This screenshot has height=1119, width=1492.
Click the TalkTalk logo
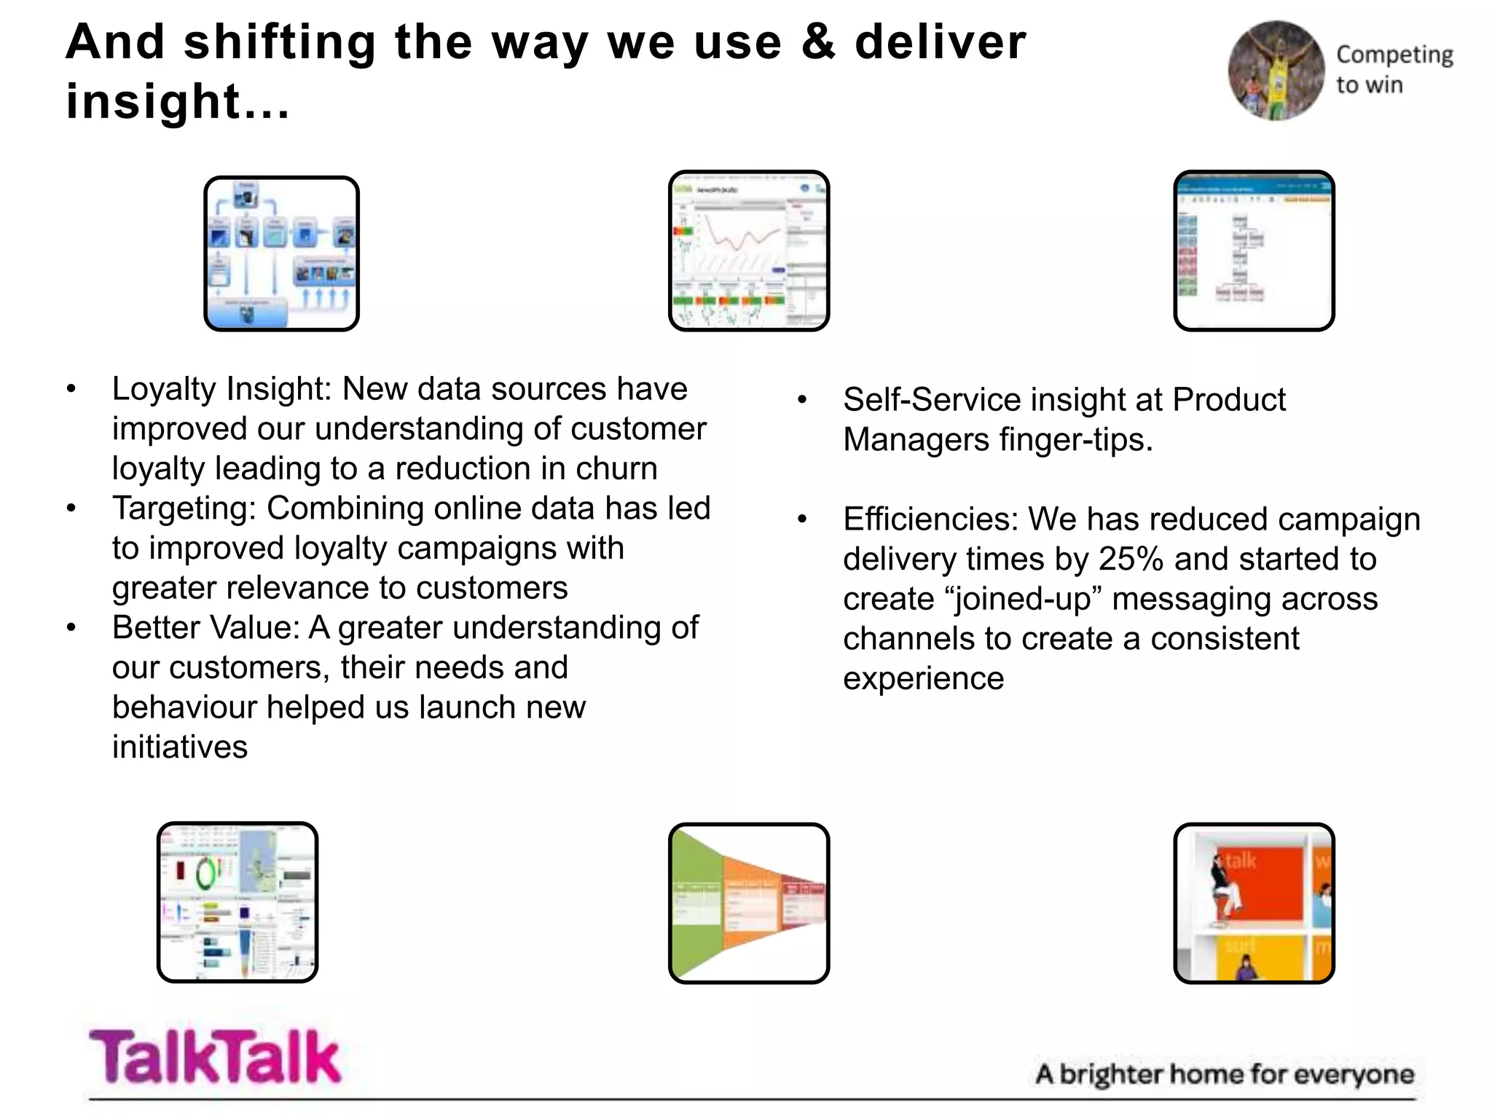click(x=214, y=1057)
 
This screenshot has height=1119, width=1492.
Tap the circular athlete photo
click(x=1276, y=71)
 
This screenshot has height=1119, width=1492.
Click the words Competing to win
click(x=1393, y=69)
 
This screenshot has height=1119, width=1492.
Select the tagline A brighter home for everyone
click(x=1224, y=1075)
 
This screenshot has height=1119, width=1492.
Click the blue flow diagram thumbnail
click(x=281, y=254)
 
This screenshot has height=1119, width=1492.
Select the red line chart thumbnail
click(x=748, y=251)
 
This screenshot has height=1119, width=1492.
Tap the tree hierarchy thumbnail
click(x=1253, y=251)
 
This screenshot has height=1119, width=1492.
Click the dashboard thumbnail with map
click(x=237, y=902)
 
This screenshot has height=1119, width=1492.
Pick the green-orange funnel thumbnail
click(x=748, y=903)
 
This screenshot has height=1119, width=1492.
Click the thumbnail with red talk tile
click(x=1253, y=903)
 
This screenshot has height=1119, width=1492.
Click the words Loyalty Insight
click(x=221, y=389)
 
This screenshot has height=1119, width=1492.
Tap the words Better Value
click(x=205, y=628)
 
